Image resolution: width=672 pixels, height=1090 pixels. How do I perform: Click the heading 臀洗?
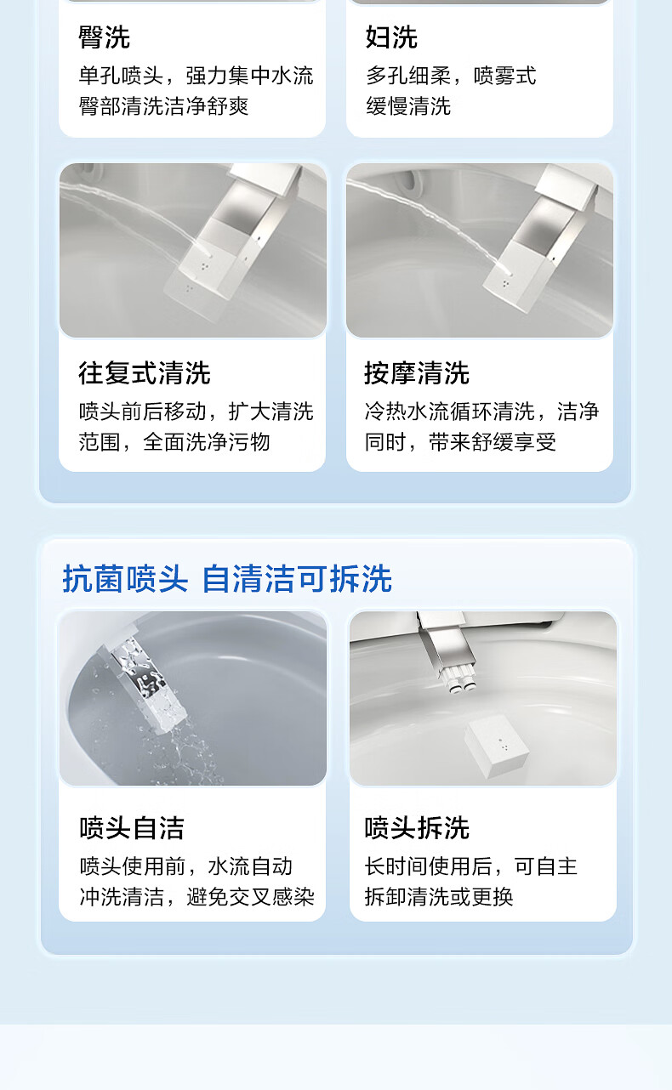click(x=105, y=37)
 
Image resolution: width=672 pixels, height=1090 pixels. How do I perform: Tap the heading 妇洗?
click(x=391, y=37)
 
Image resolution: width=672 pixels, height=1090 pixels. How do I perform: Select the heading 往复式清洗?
click(x=145, y=373)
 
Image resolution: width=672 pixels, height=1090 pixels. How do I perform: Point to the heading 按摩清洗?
click(x=417, y=373)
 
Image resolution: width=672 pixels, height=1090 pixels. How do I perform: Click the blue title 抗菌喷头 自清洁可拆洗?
click(x=227, y=578)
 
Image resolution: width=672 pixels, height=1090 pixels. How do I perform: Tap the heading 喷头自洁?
click(x=132, y=828)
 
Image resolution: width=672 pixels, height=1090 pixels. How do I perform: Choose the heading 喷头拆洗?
click(x=417, y=828)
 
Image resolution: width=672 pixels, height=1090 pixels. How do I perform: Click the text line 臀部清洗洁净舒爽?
click(x=163, y=106)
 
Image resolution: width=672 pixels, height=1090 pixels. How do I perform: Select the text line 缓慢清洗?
click(x=408, y=106)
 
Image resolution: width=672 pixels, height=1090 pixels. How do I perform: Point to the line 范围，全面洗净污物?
click(x=174, y=442)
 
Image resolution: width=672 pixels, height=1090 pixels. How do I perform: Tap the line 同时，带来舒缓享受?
click(x=460, y=442)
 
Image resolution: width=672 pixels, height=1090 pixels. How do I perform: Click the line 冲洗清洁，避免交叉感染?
click(x=197, y=897)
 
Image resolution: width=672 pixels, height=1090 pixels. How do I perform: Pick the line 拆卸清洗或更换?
click(x=439, y=897)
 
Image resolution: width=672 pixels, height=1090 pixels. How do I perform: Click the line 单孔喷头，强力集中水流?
click(x=196, y=76)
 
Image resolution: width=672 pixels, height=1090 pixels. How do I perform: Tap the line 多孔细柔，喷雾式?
click(x=451, y=76)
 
